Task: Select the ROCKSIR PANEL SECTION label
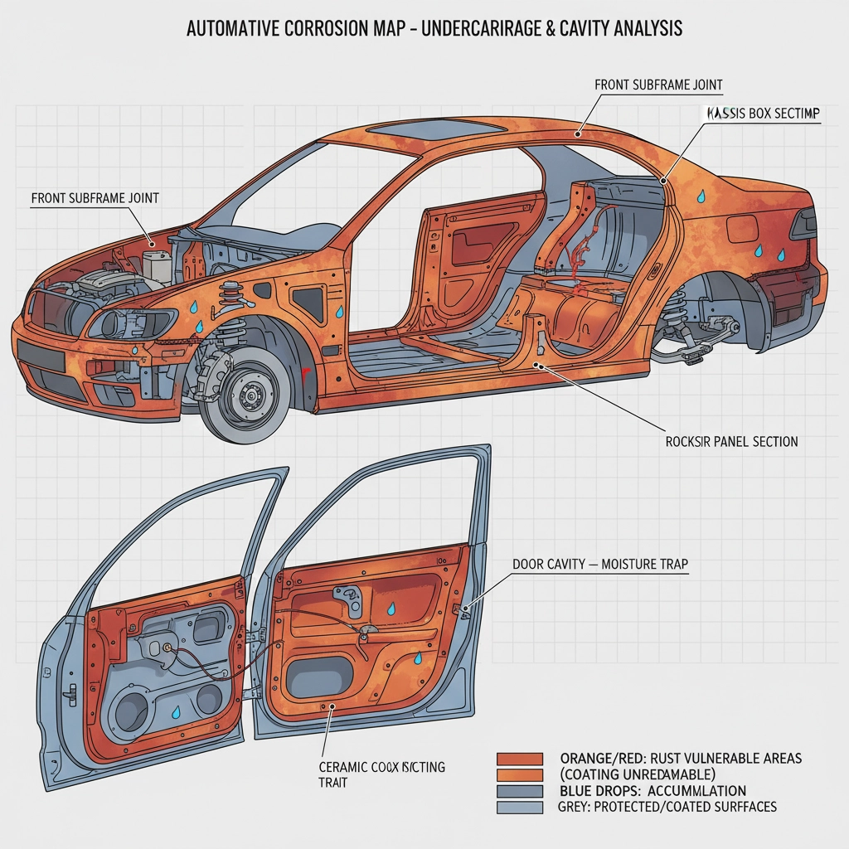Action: [731, 442]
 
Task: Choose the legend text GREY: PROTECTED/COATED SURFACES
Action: [668, 806]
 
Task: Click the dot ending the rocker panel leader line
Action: [540, 364]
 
